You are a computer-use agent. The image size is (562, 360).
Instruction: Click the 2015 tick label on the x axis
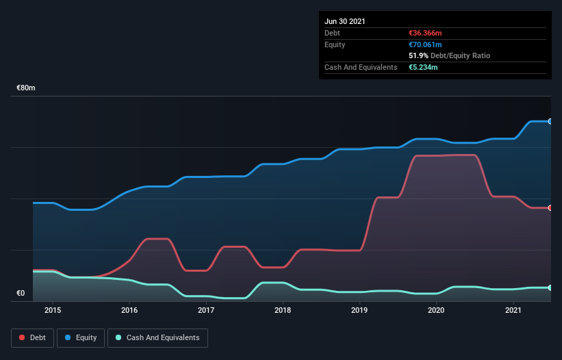pos(53,310)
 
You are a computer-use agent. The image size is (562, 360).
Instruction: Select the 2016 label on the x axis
pos(129,310)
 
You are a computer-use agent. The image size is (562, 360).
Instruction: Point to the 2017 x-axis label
pos(206,310)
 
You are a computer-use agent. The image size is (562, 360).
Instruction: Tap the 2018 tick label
pos(283,310)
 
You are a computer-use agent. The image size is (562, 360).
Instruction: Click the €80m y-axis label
pos(26,88)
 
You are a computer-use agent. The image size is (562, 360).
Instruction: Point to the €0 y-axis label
pos(21,294)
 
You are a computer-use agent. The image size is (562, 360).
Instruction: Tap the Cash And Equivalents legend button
pos(157,337)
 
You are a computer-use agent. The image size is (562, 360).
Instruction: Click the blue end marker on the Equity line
pos(550,121)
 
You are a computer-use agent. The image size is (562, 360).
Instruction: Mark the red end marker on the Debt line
pos(550,207)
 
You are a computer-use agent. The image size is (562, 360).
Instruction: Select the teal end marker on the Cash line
pos(550,287)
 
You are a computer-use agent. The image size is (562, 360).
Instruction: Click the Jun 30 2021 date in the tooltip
pos(345,21)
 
